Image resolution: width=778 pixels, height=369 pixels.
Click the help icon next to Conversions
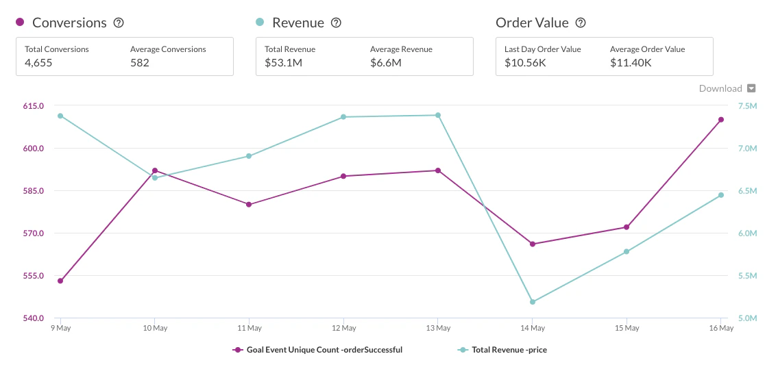pos(119,23)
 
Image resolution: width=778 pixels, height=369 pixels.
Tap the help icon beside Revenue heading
pos(336,23)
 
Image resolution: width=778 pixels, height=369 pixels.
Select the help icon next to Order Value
pos(581,23)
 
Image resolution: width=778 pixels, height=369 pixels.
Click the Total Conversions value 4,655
pos(38,63)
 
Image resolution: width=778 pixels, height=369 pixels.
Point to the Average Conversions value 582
pos(140,63)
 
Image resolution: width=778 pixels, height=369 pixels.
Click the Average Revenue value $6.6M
pos(386,63)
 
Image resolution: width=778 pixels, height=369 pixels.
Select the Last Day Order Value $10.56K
pos(526,63)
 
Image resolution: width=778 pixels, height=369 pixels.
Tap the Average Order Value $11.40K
pos(631,63)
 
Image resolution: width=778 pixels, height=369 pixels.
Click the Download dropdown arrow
pos(751,88)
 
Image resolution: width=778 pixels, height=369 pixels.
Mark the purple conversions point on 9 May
pos(60,281)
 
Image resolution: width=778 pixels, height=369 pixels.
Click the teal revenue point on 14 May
pos(532,302)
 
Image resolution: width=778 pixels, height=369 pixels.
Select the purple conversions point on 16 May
pos(721,120)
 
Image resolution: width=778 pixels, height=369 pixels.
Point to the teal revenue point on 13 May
pos(438,115)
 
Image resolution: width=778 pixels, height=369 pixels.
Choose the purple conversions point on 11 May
pos(249,205)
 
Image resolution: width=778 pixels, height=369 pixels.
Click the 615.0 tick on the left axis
pos(33,106)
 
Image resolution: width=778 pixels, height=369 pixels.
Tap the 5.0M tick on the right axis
pos(747,318)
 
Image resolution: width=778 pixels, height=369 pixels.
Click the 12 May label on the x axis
pos(343,329)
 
